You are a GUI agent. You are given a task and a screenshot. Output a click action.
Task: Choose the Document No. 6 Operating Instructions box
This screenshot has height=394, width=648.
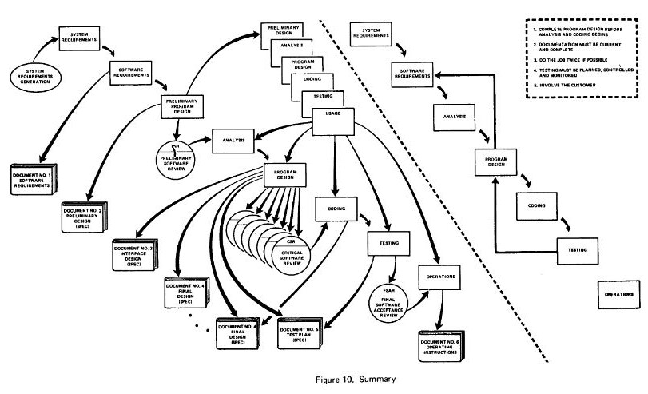point(442,345)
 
